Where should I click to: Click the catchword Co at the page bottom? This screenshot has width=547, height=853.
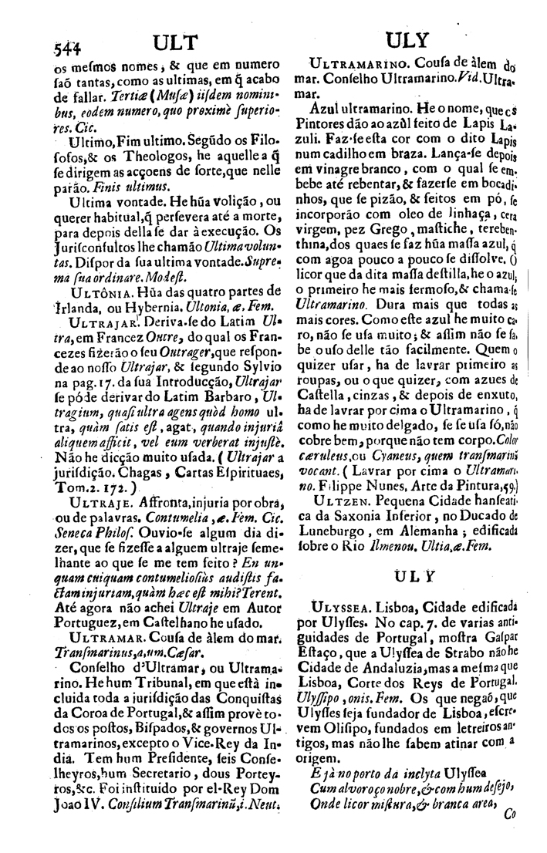coord(508,833)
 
